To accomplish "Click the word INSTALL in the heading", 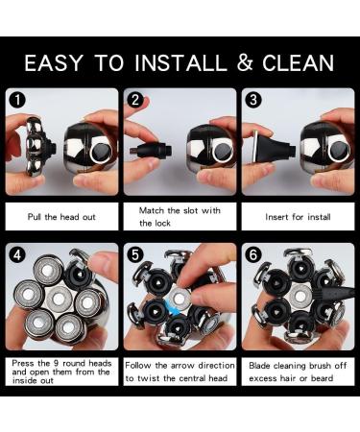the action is (x=180, y=62).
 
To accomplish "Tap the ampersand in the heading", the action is (x=245, y=62).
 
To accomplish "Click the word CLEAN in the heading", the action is (x=299, y=62).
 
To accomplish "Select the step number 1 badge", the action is (x=17, y=100).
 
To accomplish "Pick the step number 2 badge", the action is (x=135, y=100).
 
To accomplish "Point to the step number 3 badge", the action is (x=253, y=100).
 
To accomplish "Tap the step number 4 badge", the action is (x=17, y=255).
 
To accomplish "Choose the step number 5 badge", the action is (x=135, y=255).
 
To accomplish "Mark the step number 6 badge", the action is (x=253, y=255).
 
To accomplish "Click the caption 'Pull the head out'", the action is (x=61, y=217).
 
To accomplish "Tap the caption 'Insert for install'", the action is (x=298, y=217).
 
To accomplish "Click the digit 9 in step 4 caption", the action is (x=56, y=364).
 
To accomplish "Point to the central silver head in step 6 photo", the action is (x=300, y=296).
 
